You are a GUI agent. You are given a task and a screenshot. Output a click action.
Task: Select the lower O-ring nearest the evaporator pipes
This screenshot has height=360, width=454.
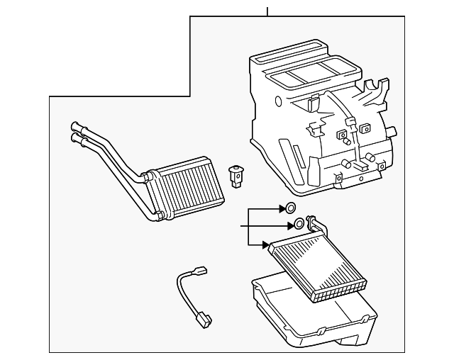[x=299, y=225]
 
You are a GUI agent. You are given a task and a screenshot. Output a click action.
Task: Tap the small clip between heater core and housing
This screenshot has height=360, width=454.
[x=235, y=175]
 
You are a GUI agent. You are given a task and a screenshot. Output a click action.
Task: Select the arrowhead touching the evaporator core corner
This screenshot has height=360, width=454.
[x=267, y=244]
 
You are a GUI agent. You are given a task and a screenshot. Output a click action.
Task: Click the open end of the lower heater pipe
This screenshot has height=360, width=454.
[x=72, y=140]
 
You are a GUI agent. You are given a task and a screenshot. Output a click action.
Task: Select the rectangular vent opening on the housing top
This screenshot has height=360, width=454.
[x=305, y=69]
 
